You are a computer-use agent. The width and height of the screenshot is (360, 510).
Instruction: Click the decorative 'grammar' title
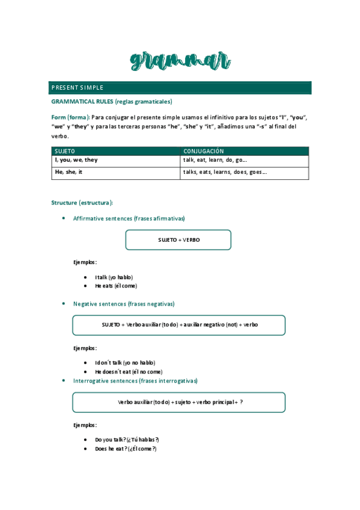[x=180, y=61]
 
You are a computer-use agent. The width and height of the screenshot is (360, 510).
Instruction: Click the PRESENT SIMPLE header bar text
[x=78, y=88]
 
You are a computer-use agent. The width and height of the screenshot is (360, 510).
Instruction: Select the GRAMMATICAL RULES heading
[x=112, y=102]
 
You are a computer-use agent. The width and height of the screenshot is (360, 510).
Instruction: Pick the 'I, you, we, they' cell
[x=76, y=161]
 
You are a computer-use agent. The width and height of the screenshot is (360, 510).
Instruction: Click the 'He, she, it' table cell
[x=69, y=172]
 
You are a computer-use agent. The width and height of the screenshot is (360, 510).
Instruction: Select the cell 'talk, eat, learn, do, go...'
[x=215, y=161]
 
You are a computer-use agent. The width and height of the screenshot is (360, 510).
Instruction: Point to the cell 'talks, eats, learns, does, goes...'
[x=225, y=172]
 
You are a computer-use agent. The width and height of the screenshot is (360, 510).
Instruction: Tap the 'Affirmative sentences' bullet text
[x=129, y=218]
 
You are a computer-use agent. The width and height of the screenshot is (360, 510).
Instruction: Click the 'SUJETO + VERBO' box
[x=178, y=239]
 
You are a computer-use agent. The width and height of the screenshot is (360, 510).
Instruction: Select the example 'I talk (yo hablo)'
[x=114, y=277]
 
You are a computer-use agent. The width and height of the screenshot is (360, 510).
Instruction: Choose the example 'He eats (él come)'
[x=116, y=286]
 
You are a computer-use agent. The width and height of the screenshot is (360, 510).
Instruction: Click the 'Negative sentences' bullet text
[x=124, y=304]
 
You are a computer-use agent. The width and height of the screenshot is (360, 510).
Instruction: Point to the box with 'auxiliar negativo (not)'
[x=179, y=325]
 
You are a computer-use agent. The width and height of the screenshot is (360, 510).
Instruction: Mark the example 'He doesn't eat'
[x=120, y=372]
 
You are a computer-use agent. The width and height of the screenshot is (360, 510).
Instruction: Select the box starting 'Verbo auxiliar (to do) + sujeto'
[x=179, y=402]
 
